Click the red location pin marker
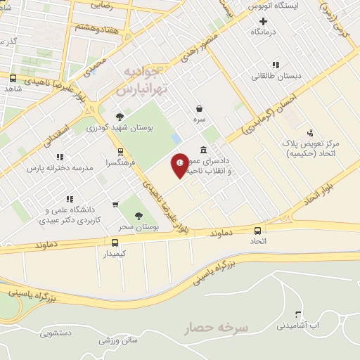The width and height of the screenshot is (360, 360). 180,165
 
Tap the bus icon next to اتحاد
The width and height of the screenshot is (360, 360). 258,230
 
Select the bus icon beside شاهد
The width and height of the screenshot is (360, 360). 13,78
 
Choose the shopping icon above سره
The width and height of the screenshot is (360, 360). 200,109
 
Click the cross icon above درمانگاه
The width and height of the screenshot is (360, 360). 262,21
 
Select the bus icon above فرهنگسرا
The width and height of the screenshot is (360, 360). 120,151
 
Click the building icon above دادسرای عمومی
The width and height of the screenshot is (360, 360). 204,150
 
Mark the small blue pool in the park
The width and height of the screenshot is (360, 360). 176,139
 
